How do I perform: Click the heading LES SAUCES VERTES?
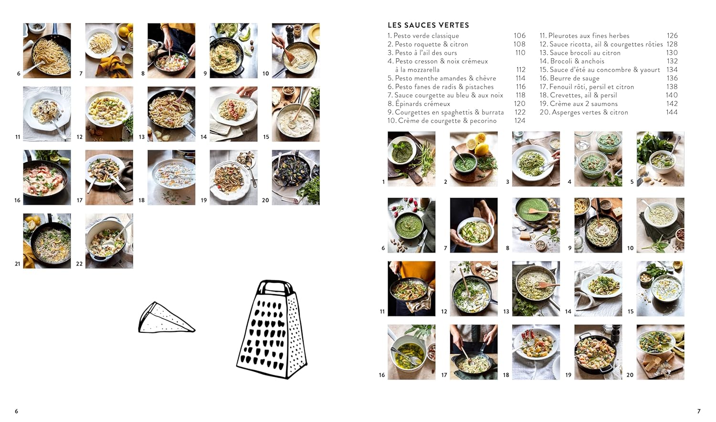coord(428,25)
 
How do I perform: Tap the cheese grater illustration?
coord(272,330)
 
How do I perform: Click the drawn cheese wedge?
coord(166,319)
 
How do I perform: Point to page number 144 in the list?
coord(672,113)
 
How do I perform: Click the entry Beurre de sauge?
coord(574,78)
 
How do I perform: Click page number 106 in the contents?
coord(519,36)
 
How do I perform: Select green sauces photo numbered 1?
coord(411,159)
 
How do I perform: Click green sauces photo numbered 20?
coord(660,352)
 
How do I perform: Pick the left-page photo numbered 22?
coord(109,241)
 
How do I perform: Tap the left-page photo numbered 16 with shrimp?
coord(47,177)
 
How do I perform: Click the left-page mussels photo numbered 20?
coord(295,177)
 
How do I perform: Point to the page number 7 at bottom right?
coord(699,411)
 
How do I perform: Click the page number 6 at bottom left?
coord(16,411)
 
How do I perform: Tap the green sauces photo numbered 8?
coord(536,225)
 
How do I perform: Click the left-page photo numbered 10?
coord(295,51)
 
